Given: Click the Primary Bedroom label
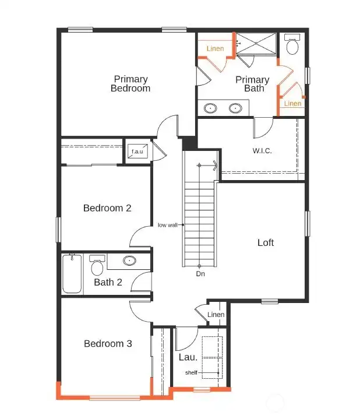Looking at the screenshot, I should point(130,83).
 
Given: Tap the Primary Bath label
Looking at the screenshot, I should point(252,83).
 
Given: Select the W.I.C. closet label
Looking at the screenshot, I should point(262,150).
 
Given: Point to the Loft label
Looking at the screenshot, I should point(266,242).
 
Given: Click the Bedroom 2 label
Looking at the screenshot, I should point(107,208).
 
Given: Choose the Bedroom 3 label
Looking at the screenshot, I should point(108,344).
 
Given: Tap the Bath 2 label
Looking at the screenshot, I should point(108,283).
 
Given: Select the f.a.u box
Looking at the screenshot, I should point(137,152).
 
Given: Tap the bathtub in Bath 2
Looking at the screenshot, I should point(73,274).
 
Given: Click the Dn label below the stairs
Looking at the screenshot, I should point(200,273).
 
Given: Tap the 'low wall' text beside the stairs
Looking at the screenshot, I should point(168,225).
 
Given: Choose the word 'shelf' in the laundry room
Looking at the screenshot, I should point(191,372).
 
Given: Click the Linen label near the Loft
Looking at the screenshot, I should point(216,315).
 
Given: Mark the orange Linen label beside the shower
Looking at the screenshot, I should point(216,49).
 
